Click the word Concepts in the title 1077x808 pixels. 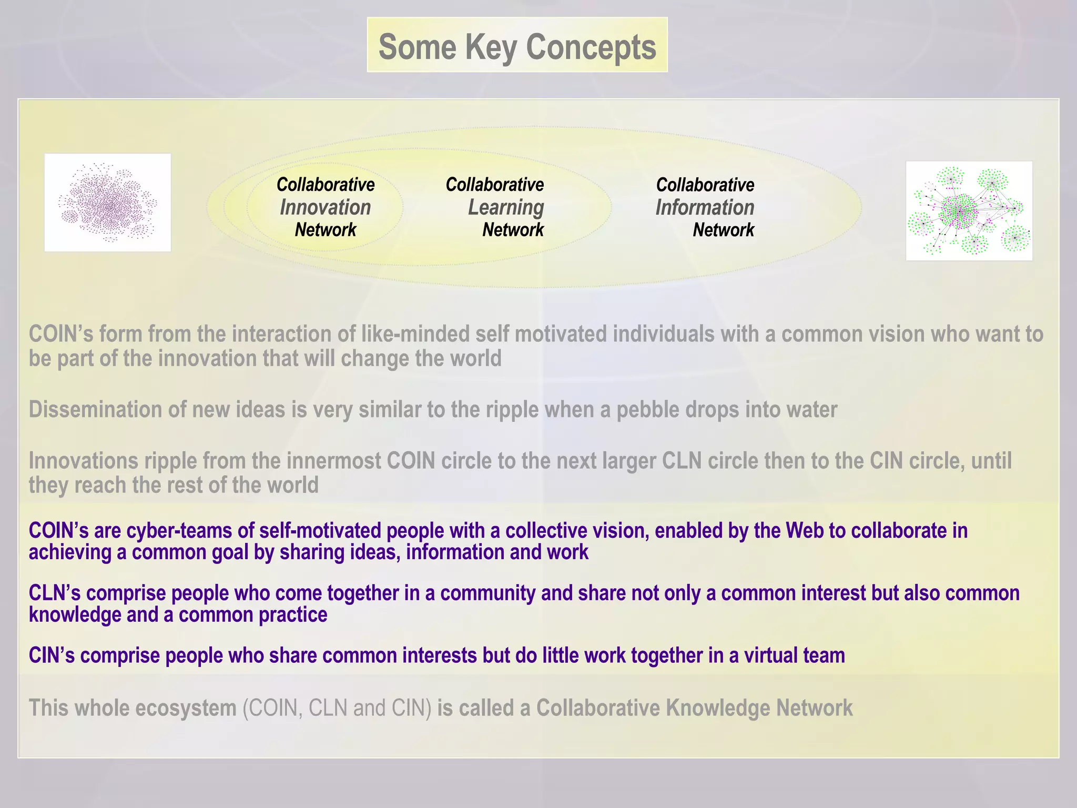591,47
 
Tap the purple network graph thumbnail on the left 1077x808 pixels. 108,203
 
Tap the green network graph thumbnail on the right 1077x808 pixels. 969,211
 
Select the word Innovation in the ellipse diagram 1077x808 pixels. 326,207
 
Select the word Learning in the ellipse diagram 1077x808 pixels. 506,207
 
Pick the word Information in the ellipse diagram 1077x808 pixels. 705,207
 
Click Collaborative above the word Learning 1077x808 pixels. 495,185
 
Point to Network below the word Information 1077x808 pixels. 723,230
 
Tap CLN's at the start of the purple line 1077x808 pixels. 55,593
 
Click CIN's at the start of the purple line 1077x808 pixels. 52,655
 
